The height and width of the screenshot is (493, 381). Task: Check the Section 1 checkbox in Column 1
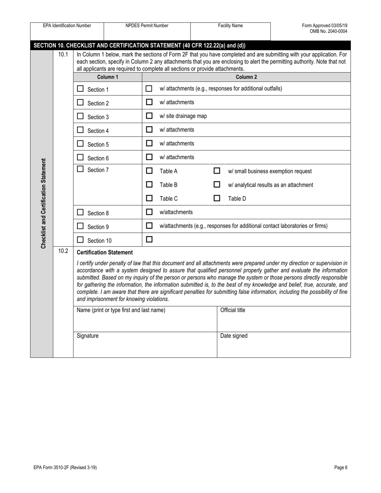pyautogui.click(x=80, y=89)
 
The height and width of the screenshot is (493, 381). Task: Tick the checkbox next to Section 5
pyautogui.click(x=80, y=143)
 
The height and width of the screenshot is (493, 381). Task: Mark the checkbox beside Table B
pyautogui.click(x=149, y=185)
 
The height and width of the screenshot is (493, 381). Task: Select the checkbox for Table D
pyautogui.click(x=217, y=198)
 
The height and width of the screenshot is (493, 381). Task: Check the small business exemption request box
pyautogui.click(x=217, y=171)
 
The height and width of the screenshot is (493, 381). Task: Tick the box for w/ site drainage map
pyautogui.click(x=149, y=116)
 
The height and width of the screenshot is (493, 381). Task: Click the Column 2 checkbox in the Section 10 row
pyautogui.click(x=149, y=240)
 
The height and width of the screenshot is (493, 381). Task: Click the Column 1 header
pyautogui.click(x=108, y=77)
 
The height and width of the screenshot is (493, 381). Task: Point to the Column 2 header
pyautogui.click(x=246, y=77)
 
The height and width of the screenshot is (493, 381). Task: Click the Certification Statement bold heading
pyautogui.click(x=105, y=253)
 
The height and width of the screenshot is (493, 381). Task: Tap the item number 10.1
pyautogui.click(x=63, y=54)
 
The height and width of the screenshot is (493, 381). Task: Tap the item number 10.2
pyautogui.click(x=63, y=251)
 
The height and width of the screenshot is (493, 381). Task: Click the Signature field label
pyautogui.click(x=87, y=336)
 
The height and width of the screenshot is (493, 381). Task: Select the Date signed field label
pyautogui.click(x=234, y=336)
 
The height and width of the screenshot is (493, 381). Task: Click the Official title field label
pyautogui.click(x=233, y=310)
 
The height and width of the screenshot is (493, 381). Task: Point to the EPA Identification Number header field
pyautogui.click(x=67, y=26)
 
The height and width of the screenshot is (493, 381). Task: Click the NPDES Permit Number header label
pyautogui.click(x=147, y=26)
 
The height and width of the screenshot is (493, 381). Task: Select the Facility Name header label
pyautogui.click(x=230, y=26)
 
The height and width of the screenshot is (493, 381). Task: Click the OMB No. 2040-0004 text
pyautogui.click(x=328, y=31)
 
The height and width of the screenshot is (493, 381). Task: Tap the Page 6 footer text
pyautogui.click(x=340, y=467)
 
